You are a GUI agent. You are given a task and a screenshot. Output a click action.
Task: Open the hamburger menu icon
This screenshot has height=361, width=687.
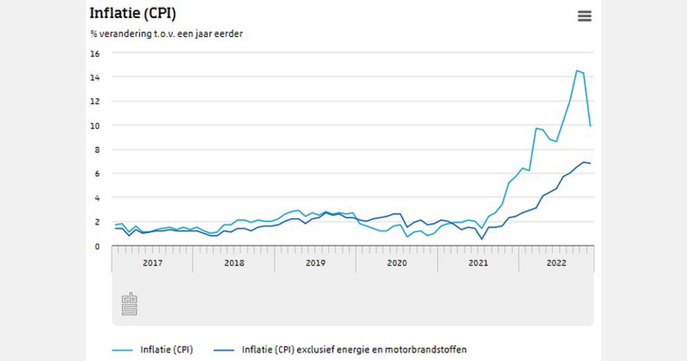click(584, 16)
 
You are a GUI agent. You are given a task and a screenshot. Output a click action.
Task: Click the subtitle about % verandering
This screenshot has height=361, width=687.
click(166, 34)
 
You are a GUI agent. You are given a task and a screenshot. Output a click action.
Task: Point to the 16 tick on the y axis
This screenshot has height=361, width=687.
click(94, 53)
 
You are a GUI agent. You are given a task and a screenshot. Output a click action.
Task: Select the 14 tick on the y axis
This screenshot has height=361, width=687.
click(94, 77)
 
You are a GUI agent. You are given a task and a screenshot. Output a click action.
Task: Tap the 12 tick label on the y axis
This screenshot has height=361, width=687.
click(94, 101)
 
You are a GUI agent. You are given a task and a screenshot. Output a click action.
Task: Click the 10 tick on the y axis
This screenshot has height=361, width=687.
click(94, 125)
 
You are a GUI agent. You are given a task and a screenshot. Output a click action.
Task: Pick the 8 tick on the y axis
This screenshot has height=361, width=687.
click(97, 150)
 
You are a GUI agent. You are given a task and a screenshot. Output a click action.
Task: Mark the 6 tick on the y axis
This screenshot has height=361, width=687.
click(97, 174)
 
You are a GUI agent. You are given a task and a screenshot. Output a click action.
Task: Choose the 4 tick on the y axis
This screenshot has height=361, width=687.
click(97, 198)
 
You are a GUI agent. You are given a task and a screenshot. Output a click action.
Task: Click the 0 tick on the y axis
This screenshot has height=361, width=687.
click(97, 246)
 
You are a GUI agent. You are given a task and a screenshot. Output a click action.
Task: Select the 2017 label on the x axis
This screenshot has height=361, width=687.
click(152, 263)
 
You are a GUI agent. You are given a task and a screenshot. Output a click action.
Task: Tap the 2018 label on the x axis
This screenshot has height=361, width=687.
click(234, 263)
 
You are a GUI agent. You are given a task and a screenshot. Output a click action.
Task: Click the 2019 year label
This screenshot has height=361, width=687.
click(315, 263)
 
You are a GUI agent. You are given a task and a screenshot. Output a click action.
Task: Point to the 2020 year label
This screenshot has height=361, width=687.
click(397, 263)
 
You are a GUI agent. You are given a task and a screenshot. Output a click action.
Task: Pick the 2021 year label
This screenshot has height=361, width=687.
click(478, 263)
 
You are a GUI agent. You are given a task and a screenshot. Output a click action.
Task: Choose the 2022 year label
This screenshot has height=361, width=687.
click(556, 263)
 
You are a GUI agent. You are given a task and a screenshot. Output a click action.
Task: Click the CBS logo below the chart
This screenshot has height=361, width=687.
click(129, 304)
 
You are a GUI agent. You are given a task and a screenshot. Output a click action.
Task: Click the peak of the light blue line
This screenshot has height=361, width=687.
click(577, 70)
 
